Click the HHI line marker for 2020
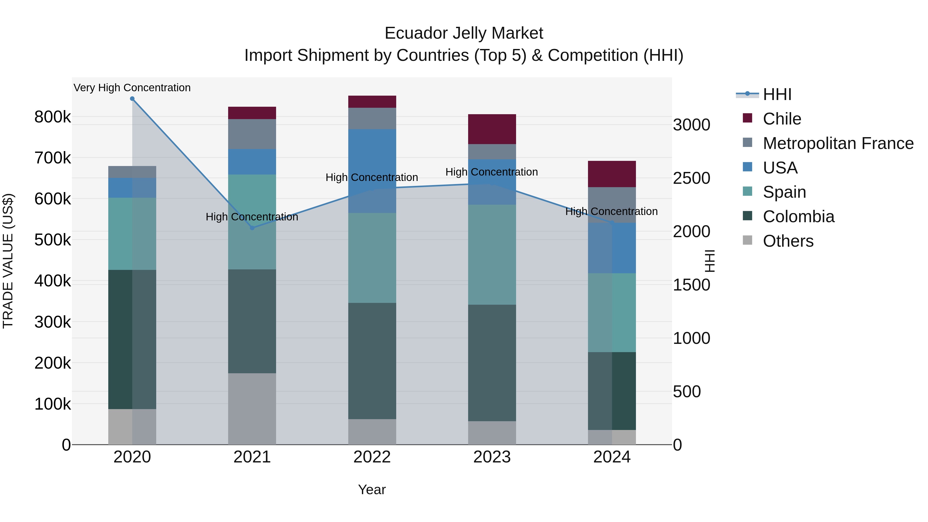pos(132,99)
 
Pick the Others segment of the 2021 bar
pos(252,409)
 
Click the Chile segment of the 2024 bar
pos(612,174)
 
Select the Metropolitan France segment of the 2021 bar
pos(252,134)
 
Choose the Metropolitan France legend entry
pos(838,143)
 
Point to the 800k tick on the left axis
pos(53,117)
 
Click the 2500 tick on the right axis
pos(692,178)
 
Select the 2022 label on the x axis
pos(372,457)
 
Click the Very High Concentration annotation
pos(132,88)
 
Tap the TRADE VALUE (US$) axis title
pos(8,261)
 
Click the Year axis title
pos(372,490)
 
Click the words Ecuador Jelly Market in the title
pos(464,33)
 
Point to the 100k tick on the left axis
pos(53,404)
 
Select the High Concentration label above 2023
pos(492,172)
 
